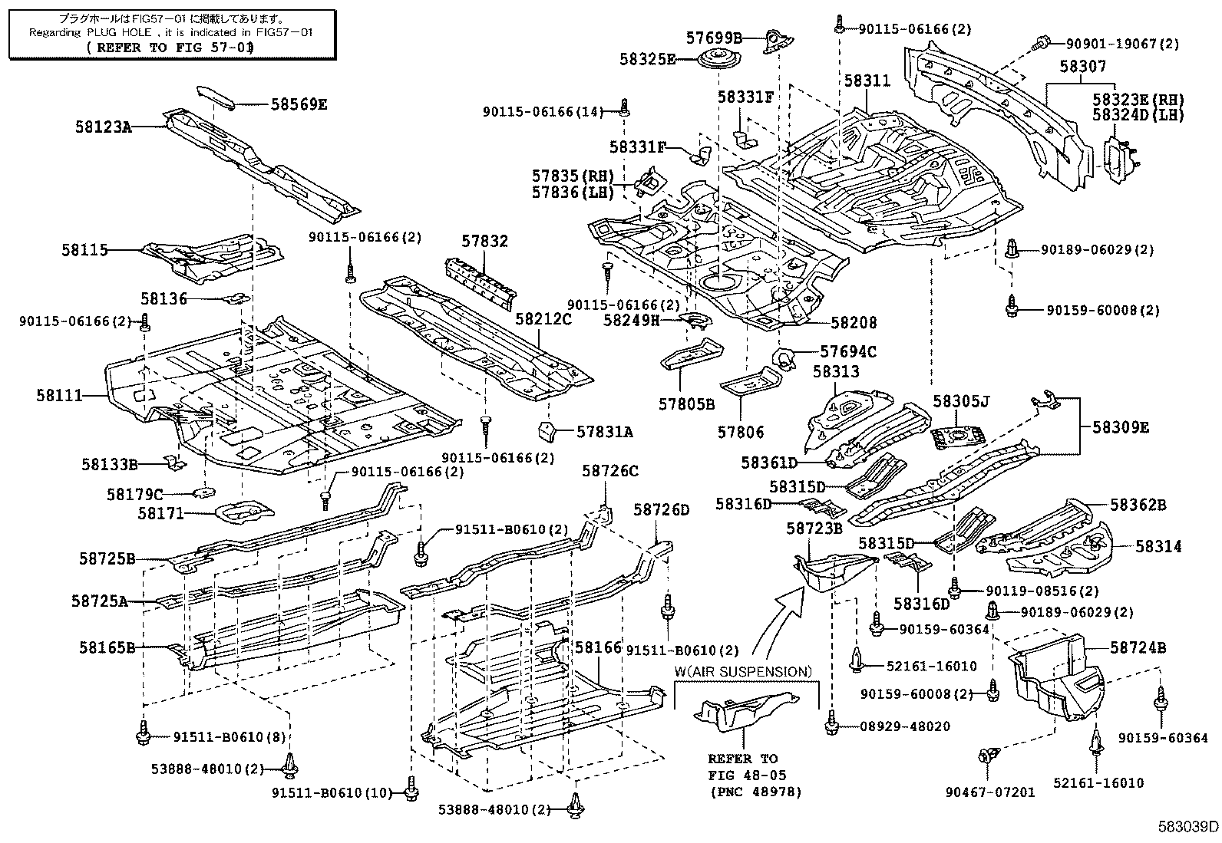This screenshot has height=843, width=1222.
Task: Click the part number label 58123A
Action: [104, 127]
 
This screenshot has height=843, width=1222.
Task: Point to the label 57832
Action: [484, 241]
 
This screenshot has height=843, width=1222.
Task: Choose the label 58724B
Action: [1138, 648]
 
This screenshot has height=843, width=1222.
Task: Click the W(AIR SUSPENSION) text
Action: [743, 672]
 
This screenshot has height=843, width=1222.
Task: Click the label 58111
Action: [59, 395]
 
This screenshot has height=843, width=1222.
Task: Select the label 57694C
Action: [847, 351]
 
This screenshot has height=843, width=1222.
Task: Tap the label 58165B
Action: [107, 647]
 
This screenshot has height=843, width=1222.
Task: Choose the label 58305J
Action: [961, 400]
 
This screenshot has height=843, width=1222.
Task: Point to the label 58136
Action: [163, 298]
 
